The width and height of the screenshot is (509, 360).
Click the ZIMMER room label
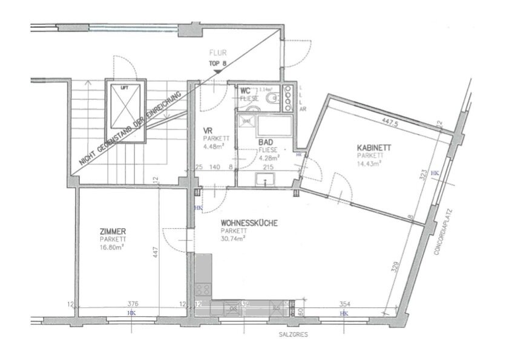click(113, 232)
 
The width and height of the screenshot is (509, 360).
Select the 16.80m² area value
click(114, 246)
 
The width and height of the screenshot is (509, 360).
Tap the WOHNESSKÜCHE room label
click(249, 223)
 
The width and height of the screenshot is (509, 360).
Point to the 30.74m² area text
click(233, 238)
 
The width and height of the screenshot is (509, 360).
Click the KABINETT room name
click(373, 148)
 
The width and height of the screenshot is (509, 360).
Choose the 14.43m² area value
click(369, 163)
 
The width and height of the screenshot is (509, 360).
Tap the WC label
click(245, 91)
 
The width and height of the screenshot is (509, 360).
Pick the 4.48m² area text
click(214, 145)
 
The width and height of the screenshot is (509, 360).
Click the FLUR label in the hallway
click(218, 53)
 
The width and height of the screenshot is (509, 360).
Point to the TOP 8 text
click(218, 62)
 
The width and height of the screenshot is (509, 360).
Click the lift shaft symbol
click(125, 110)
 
